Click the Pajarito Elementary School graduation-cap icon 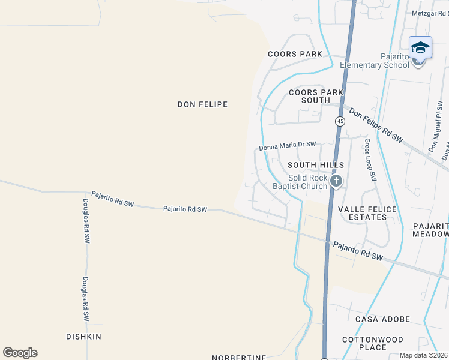click(420, 47)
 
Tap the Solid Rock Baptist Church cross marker click(336, 181)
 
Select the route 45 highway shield click(340, 121)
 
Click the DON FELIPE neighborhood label click(202, 104)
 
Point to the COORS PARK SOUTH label click(316, 96)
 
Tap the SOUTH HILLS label click(315, 164)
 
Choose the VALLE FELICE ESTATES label click(367, 213)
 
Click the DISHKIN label click(83, 337)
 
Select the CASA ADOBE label click(382, 319)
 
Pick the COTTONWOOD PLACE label click(372, 343)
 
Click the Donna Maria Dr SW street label click(288, 145)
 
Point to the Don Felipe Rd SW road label click(376, 125)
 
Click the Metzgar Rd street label click(430, 13)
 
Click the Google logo click(20, 353)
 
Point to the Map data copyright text click(424, 355)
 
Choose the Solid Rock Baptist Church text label click(308, 182)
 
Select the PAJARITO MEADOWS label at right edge click(430, 230)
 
